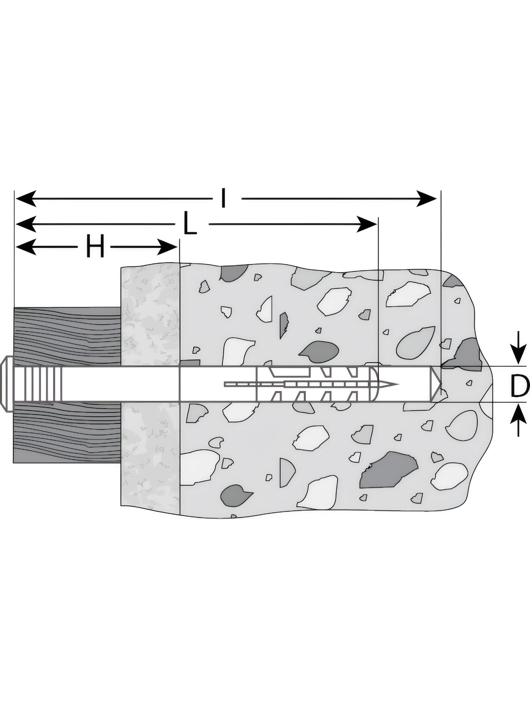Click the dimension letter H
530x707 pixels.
click(x=95, y=246)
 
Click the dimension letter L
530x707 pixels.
click(x=190, y=223)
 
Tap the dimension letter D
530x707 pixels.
click(x=520, y=387)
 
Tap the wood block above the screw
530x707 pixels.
click(x=67, y=336)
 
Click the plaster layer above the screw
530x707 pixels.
click(x=151, y=315)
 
